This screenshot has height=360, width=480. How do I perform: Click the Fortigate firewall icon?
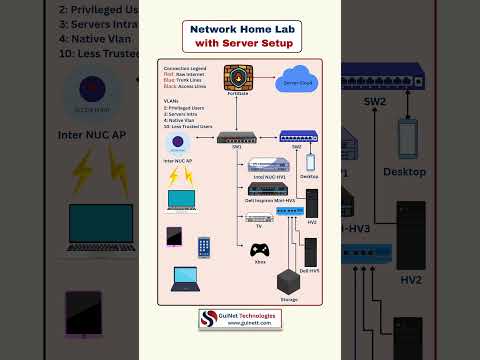click(237, 78)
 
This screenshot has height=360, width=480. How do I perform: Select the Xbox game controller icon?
click(259, 250)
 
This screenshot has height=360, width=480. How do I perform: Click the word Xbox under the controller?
click(259, 262)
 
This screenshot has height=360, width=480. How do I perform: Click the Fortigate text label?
click(237, 94)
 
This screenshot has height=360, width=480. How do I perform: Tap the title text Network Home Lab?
click(239, 29)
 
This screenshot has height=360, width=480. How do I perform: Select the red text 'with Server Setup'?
click(239, 43)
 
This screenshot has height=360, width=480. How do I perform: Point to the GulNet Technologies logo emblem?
click(209, 318)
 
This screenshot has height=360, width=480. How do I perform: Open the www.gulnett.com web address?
click(250, 323)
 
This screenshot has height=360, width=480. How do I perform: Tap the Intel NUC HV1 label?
click(267, 176)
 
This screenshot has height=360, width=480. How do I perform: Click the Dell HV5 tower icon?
click(312, 250)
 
